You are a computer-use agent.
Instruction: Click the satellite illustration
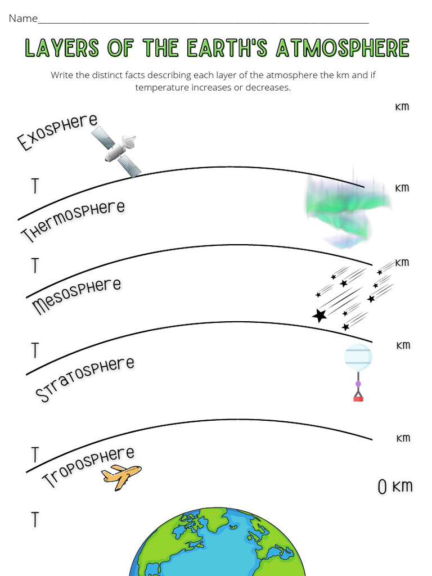click(116, 151)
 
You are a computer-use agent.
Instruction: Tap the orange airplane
click(121, 476)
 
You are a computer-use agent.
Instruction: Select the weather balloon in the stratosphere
click(358, 357)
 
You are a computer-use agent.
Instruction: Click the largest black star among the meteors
click(319, 316)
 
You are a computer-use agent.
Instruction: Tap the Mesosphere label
click(76, 296)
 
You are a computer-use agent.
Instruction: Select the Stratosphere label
click(85, 379)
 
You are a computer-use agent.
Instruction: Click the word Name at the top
click(23, 19)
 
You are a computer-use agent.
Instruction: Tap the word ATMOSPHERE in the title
click(342, 48)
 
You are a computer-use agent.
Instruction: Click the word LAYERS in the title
click(62, 48)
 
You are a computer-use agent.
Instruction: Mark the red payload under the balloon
click(358, 398)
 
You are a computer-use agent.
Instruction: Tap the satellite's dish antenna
click(129, 142)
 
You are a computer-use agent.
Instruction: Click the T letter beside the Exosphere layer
click(35, 185)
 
